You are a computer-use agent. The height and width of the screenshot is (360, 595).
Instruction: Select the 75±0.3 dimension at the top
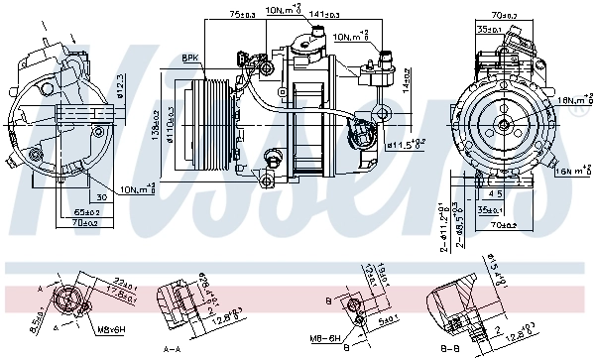click(243, 15)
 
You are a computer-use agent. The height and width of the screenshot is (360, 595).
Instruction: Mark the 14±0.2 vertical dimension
click(407, 82)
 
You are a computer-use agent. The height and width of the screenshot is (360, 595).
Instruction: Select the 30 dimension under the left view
click(102, 196)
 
